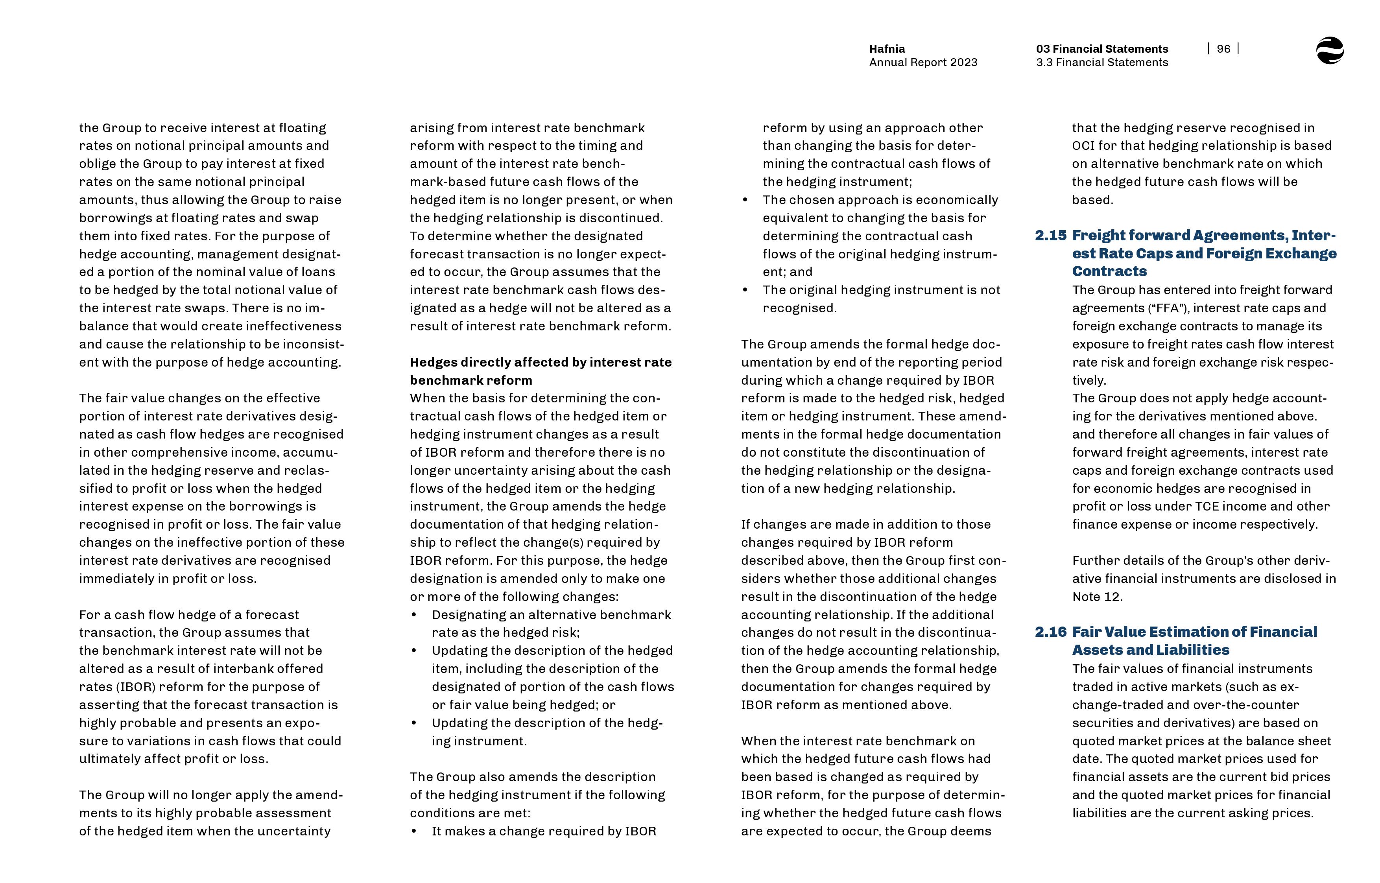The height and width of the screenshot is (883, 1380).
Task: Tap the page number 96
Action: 1223,49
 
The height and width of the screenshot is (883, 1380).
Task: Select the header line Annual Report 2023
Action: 923,63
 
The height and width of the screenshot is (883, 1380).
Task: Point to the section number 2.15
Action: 1050,236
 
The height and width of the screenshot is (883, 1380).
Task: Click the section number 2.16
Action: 1050,632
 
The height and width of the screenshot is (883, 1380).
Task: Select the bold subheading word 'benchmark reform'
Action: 471,381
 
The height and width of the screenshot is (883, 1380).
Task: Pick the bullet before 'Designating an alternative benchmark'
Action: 414,615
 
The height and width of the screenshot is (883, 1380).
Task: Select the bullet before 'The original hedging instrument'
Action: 745,290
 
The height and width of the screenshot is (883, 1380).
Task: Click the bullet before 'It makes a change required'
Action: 414,831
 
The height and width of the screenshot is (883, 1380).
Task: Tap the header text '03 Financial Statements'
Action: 1101,49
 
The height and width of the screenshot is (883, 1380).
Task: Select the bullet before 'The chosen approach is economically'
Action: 745,200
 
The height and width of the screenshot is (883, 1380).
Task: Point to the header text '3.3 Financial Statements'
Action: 1101,63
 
